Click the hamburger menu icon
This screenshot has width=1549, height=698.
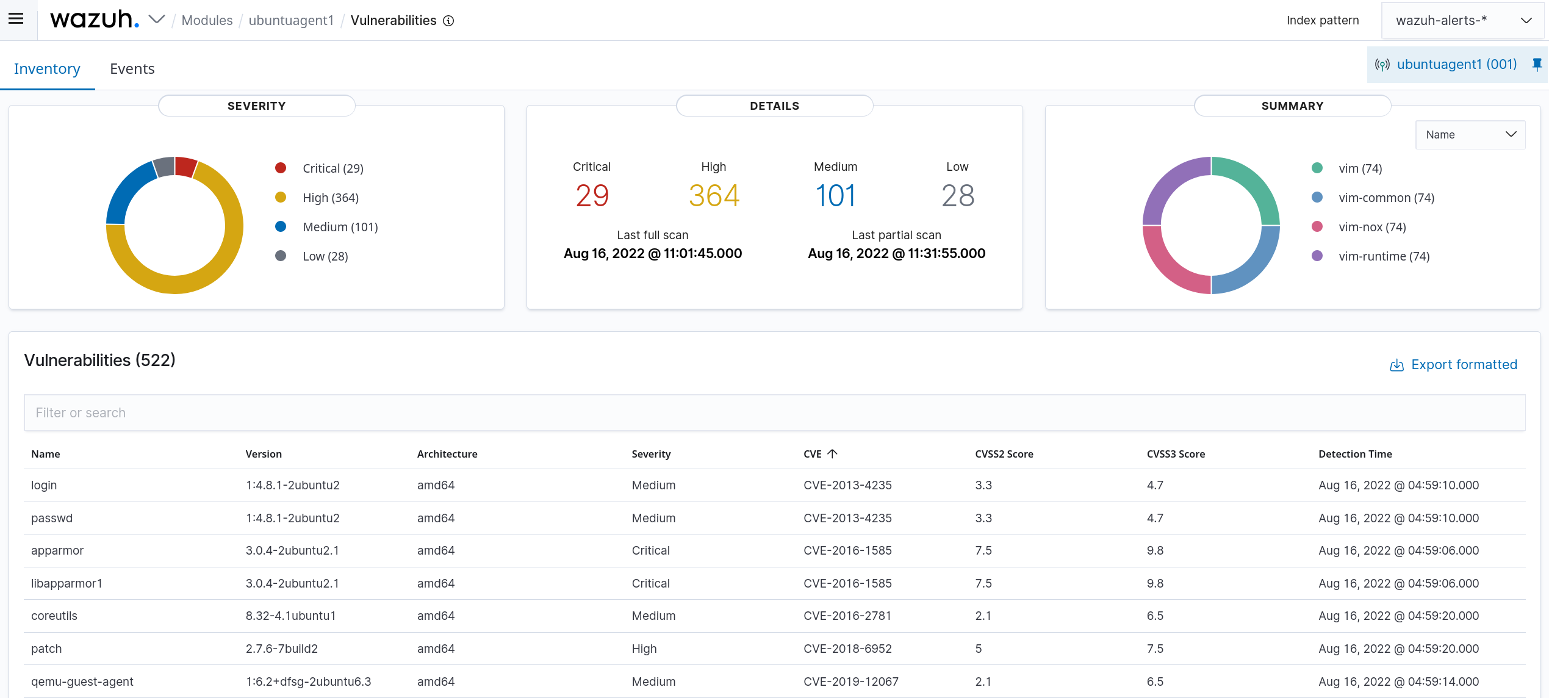(x=16, y=19)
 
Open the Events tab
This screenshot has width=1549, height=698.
(x=132, y=69)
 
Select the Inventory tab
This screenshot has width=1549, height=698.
(x=47, y=69)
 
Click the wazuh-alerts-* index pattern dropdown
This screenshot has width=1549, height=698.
(x=1462, y=20)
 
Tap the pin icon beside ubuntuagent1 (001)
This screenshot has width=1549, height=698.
(x=1537, y=64)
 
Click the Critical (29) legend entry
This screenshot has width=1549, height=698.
(x=332, y=168)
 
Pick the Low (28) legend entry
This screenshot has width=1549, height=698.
(x=325, y=256)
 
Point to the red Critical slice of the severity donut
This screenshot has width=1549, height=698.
(x=185, y=166)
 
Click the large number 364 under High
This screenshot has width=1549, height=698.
(x=714, y=196)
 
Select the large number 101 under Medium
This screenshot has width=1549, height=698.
(x=835, y=196)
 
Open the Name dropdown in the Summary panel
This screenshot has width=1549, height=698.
(x=1470, y=135)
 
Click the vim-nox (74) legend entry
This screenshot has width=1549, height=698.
(x=1371, y=227)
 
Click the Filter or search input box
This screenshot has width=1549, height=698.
(x=774, y=413)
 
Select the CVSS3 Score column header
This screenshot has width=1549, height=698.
(x=1175, y=454)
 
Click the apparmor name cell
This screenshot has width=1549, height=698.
(x=57, y=550)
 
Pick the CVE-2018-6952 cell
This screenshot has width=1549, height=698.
(x=847, y=649)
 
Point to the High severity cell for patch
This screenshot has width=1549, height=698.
(x=644, y=649)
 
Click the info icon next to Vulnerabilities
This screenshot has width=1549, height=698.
(x=448, y=21)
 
